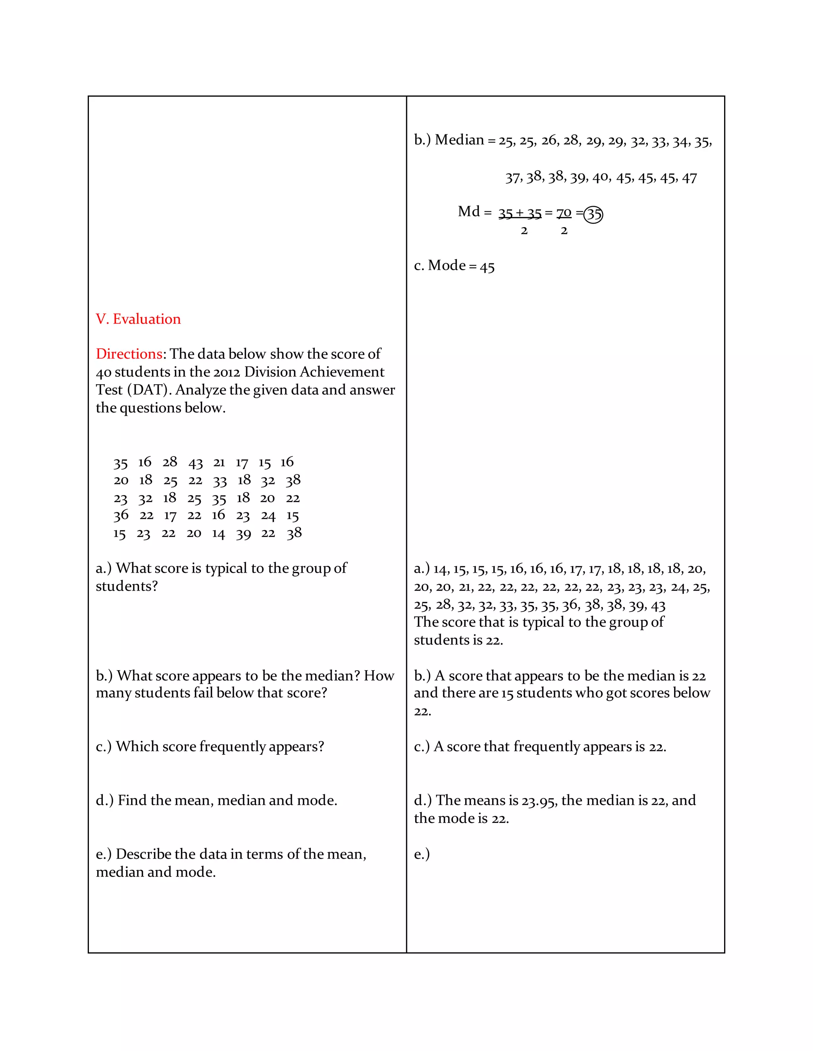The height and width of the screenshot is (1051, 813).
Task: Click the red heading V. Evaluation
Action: pos(138,319)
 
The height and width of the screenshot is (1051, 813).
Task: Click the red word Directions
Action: pos(129,354)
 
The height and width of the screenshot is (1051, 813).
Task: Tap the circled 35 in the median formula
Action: pos(593,214)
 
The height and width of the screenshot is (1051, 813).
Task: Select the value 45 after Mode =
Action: pos(487,267)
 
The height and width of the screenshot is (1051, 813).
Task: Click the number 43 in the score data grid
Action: pos(196,463)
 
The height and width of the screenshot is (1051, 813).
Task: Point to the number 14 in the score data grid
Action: pos(218,534)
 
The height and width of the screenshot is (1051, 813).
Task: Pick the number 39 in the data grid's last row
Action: pos(243,534)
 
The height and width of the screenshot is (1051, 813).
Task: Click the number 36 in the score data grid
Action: pos(121,516)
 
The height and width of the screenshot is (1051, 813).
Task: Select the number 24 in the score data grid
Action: pos(268,516)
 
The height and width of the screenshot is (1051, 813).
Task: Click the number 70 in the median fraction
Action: pos(564,213)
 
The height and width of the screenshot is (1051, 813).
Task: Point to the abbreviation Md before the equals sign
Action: pos(469,212)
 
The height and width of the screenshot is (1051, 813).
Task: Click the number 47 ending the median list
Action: pos(689,178)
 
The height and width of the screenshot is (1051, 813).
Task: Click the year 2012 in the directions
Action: pos(226,372)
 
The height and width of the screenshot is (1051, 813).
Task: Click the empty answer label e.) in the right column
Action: pos(422,854)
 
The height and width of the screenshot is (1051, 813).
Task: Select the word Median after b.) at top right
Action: pos(459,140)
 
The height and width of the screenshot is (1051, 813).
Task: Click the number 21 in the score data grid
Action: pos(219,462)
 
